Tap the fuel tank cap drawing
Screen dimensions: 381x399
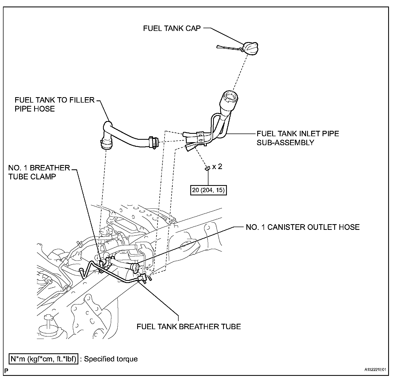point(251,48)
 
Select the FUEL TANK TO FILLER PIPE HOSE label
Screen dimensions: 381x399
point(54,104)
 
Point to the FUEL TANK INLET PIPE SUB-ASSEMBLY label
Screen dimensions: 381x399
point(298,138)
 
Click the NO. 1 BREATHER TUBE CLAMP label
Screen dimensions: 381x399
point(39,172)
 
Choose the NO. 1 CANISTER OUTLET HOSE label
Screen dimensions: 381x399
point(303,227)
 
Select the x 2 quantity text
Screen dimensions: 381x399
point(217,166)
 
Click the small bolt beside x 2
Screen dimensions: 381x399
point(207,169)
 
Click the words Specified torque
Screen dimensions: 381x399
point(111,359)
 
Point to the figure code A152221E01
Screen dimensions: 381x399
point(375,370)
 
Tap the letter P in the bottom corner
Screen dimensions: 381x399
point(6,370)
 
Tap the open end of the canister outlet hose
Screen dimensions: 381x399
point(135,267)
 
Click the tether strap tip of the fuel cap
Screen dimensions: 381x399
point(218,47)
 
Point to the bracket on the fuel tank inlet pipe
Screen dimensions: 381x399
point(200,137)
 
